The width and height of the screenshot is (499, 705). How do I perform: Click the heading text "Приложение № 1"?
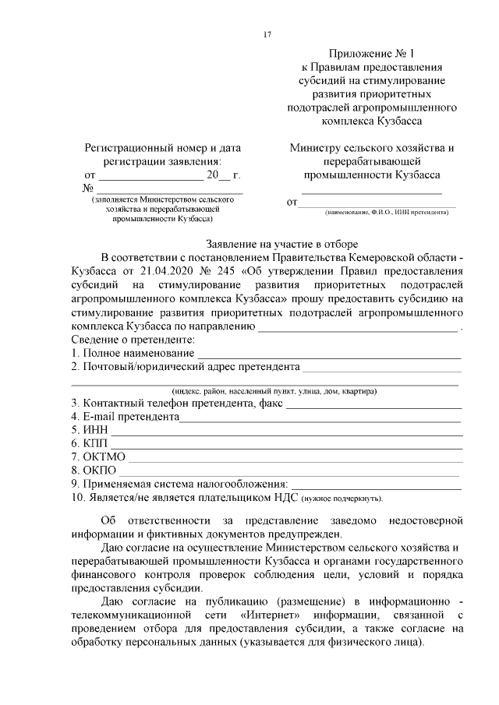coord(370,54)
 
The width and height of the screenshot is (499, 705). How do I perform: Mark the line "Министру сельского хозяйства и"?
coord(371,147)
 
